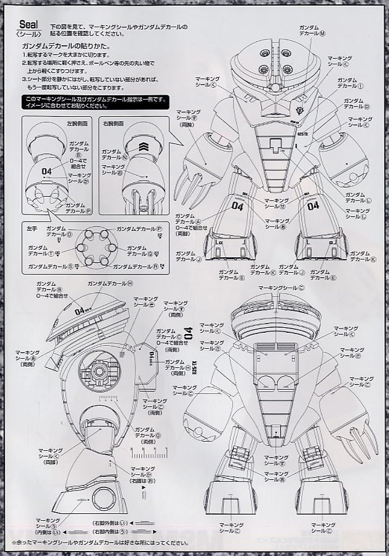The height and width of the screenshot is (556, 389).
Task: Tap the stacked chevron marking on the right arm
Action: tap(143, 148)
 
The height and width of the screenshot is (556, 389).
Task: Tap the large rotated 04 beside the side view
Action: tap(188, 331)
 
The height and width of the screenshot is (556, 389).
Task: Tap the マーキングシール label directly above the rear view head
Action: tap(281, 288)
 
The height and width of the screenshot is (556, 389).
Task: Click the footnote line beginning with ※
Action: tap(99, 543)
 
